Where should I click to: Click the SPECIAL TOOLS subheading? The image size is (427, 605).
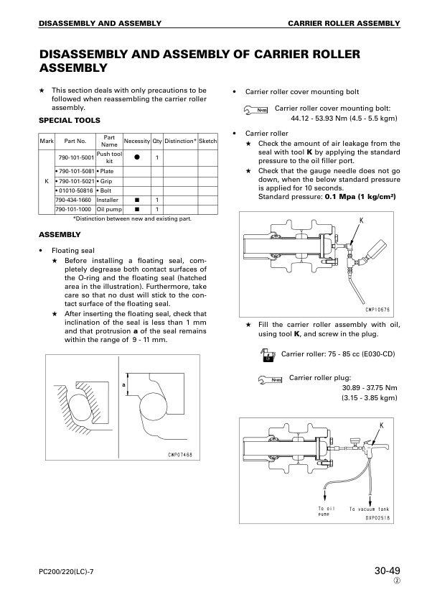click(70, 121)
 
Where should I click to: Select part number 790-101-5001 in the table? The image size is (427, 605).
click(76, 157)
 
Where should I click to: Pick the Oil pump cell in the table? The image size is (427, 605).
click(109, 209)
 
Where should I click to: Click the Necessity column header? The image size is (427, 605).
click(137, 142)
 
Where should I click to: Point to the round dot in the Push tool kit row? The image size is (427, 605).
click(137, 157)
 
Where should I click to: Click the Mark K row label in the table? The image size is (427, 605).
click(47, 181)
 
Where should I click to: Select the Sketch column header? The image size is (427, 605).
click(207, 142)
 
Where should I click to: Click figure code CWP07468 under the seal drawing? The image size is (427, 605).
click(180, 455)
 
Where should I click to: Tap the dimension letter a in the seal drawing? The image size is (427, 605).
click(123, 384)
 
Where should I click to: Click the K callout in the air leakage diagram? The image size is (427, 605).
click(362, 221)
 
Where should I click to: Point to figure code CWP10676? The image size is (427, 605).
click(377, 310)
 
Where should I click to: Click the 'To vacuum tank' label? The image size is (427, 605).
click(369, 509)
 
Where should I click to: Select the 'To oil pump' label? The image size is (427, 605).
click(327, 512)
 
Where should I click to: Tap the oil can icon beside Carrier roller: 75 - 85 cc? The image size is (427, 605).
click(268, 354)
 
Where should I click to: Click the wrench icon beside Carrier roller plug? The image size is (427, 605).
click(270, 380)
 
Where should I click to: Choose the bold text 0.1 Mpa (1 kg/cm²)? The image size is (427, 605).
click(360, 197)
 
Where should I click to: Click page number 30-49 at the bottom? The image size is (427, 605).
click(388, 571)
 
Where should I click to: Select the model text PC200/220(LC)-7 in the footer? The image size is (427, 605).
click(66, 572)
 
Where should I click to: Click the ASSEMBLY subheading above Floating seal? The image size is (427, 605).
click(60, 234)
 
